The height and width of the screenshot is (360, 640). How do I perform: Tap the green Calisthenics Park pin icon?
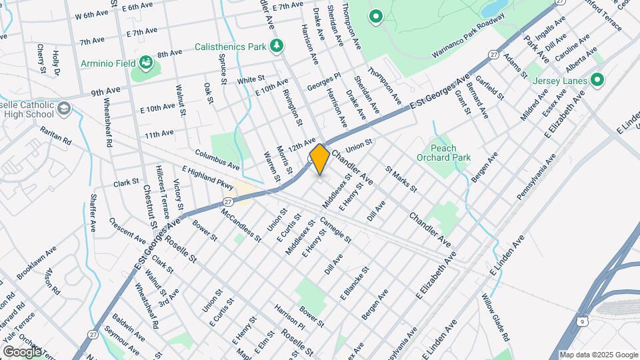(x=277, y=46)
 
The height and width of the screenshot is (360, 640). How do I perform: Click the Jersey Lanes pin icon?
(x=597, y=81)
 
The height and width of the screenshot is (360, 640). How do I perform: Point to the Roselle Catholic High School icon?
(x=63, y=109)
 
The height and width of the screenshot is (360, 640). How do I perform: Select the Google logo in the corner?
(x=21, y=351)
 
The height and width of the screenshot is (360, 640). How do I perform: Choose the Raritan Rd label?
(x=55, y=135)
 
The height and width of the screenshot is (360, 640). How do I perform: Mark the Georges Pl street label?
(x=324, y=83)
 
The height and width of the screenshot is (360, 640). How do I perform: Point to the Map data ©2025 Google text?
(x=598, y=355)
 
